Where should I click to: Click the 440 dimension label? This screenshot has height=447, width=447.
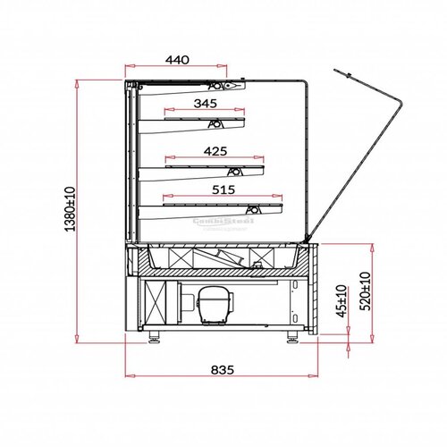tap(177, 60)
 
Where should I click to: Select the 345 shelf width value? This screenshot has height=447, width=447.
tap(205, 104)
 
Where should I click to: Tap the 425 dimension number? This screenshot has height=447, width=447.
tap(215, 150)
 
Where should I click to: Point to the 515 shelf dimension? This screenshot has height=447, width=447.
tap(223, 190)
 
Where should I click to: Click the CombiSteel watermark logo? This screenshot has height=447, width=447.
tap(223, 221)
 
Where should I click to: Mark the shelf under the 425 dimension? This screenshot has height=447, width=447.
tap(215, 164)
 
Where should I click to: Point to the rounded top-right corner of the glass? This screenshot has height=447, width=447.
tap(307, 85)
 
